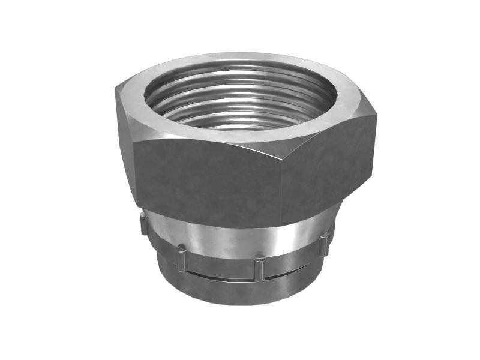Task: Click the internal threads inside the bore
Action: click(x=240, y=105)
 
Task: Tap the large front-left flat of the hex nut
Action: click(x=204, y=180)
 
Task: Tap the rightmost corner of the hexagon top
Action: click(x=377, y=114)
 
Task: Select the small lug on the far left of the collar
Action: click(x=143, y=225)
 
